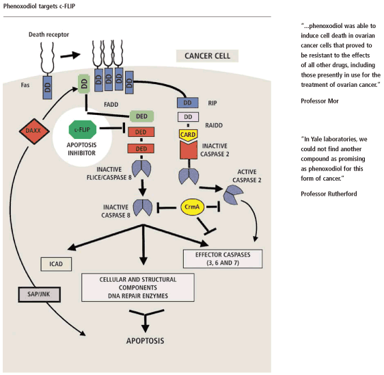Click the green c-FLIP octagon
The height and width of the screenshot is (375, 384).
pyautogui.click(x=82, y=129)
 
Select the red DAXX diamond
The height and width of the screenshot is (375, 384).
pyautogui.click(x=34, y=131)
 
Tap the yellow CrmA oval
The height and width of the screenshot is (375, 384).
pyautogui.click(x=192, y=207)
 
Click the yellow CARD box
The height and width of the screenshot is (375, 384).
pyautogui.click(x=188, y=135)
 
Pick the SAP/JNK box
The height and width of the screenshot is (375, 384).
pyautogui.click(x=39, y=294)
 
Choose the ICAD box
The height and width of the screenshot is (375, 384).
pyautogui.click(x=56, y=264)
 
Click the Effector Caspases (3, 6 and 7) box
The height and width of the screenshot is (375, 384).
pyautogui.click(x=223, y=259)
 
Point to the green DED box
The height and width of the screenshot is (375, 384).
pyautogui.click(x=142, y=116)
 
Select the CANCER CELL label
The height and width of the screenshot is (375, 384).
pyautogui.click(x=207, y=56)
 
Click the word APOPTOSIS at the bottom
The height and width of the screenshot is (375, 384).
pyautogui.click(x=146, y=341)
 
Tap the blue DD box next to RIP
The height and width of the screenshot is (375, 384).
pyautogui.click(x=188, y=103)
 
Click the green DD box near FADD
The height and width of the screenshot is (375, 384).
pyautogui.click(x=84, y=84)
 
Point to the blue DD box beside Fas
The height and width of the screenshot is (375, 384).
pyautogui.click(x=47, y=88)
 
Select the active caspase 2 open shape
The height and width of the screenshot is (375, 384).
pyautogui.click(x=232, y=195)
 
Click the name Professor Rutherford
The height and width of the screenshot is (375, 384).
pyautogui.click(x=329, y=194)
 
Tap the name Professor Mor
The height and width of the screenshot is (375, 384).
pyautogui.click(x=320, y=101)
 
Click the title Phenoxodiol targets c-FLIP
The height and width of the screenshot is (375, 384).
pyautogui.click(x=39, y=6)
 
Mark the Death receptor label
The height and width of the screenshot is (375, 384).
pyautogui.click(x=49, y=35)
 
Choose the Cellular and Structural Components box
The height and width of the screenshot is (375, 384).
pyautogui.click(x=138, y=287)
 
